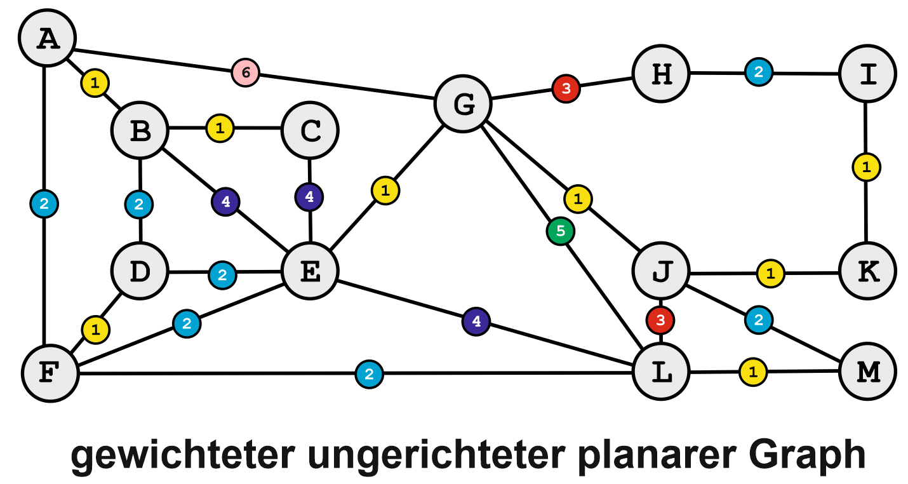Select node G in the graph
tap(463, 104)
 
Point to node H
tap(661, 74)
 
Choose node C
tap(310, 131)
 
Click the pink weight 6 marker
tap(245, 72)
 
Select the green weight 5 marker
tap(560, 232)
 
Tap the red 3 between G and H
tap(566, 87)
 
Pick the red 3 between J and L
tap(660, 320)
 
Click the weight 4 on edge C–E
tap(309, 197)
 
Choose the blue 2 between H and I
tap(758, 72)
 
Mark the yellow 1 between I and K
tap(866, 167)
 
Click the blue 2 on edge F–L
tap(368, 373)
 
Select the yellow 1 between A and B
tap(95, 83)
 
